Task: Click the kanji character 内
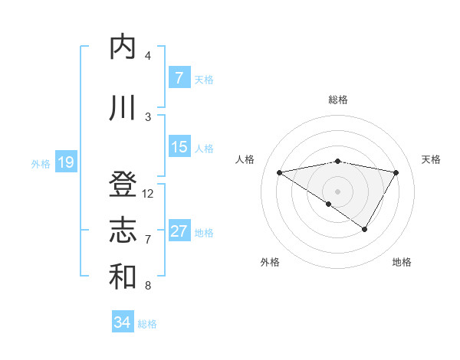pyautogui.click(x=123, y=47)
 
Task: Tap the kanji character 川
pyautogui.click(x=123, y=108)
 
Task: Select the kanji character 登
pyautogui.click(x=123, y=185)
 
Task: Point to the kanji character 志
pyautogui.click(x=123, y=231)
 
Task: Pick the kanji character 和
pyautogui.click(x=123, y=277)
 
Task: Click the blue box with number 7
pyautogui.click(x=179, y=78)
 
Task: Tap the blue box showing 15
pyautogui.click(x=179, y=147)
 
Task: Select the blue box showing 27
pyautogui.click(x=179, y=231)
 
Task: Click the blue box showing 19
pyautogui.click(x=65, y=162)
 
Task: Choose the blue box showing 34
pyautogui.click(x=122, y=322)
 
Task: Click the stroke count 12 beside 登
pyautogui.click(x=148, y=194)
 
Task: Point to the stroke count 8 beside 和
pyautogui.click(x=148, y=286)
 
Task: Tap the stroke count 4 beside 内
pyautogui.click(x=148, y=56)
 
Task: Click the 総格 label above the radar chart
pyautogui.click(x=338, y=100)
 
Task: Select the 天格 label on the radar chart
pyautogui.click(x=432, y=159)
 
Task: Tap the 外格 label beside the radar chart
pyautogui.click(x=270, y=262)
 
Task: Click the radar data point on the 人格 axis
pyautogui.click(x=279, y=172)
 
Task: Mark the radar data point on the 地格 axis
pyautogui.click(x=365, y=229)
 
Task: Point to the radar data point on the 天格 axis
pyautogui.click(x=396, y=172)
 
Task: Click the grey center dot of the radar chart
pyautogui.click(x=338, y=190)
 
